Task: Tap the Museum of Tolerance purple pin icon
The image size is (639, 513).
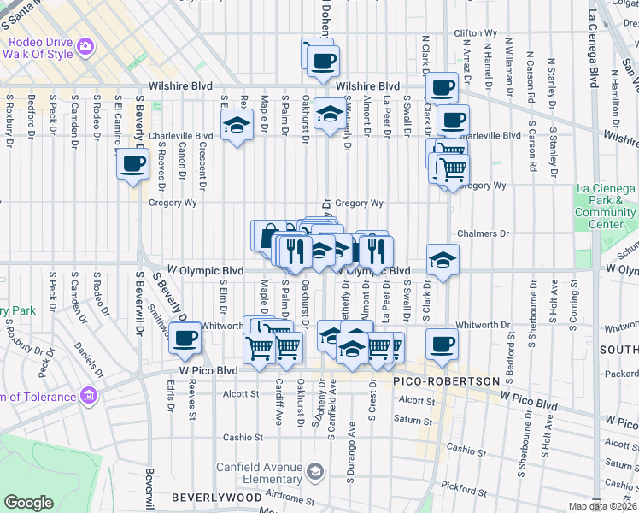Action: tap(90, 396)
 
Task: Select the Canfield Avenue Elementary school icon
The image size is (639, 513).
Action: tap(315, 472)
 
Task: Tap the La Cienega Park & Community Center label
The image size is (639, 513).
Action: tap(605, 206)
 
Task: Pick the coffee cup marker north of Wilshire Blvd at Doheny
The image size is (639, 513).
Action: tap(323, 62)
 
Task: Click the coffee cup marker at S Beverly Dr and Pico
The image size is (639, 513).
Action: tap(185, 338)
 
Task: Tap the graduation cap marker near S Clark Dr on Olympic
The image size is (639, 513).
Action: tap(443, 259)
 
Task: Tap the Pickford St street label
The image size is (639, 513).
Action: tap(463, 488)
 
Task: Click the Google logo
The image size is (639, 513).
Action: tap(28, 503)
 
